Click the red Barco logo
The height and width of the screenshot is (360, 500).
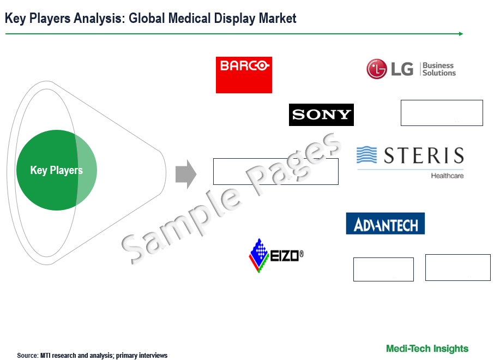click(x=244, y=75)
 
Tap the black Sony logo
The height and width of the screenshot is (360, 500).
click(x=321, y=115)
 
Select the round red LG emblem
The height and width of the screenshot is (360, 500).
click(x=377, y=69)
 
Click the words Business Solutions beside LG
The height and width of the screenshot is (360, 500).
click(x=439, y=69)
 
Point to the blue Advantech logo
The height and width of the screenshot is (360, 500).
click(x=385, y=224)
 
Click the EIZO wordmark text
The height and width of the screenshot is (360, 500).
click(x=287, y=255)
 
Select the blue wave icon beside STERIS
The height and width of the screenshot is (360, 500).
click(x=366, y=155)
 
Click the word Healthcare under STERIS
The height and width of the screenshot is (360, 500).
click(x=447, y=176)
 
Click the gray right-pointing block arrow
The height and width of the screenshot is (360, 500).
click(x=186, y=174)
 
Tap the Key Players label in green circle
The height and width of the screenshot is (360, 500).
click(x=57, y=170)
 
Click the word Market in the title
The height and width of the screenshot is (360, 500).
click(x=278, y=18)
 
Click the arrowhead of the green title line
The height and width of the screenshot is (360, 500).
click(x=461, y=34)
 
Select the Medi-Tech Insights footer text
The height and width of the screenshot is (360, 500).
click(x=427, y=349)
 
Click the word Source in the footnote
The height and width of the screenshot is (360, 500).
click(x=27, y=356)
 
